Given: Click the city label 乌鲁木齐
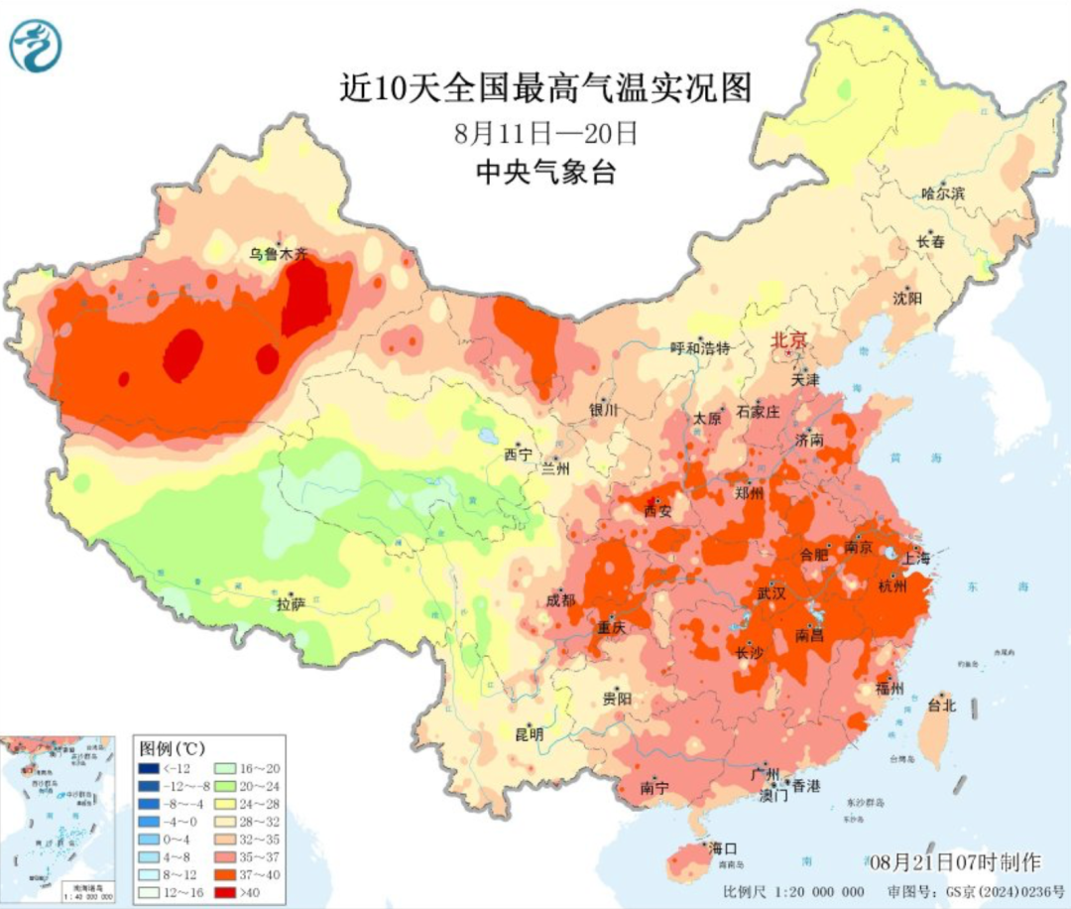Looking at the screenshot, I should tap(279, 254).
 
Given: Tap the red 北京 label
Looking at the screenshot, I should tap(790, 340).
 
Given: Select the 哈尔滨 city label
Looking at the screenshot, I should tap(942, 194).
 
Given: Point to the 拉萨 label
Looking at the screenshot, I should tap(291, 602).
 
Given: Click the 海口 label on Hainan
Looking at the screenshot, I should tap(723, 848).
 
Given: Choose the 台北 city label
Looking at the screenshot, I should tap(940, 706).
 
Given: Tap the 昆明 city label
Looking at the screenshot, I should tap(528, 735).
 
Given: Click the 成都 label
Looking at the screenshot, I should tap(560, 599).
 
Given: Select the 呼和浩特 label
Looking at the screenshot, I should tap(700, 347).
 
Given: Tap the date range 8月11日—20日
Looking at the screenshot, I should tap(545, 132).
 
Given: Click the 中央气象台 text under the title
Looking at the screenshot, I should tap(545, 173).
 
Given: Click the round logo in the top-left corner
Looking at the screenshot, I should tap(36, 46).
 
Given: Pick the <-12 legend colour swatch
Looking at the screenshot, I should tap(150, 767).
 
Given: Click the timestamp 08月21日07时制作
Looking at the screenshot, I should tap(951, 860).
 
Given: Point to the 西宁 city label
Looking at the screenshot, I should tap(518, 454).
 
